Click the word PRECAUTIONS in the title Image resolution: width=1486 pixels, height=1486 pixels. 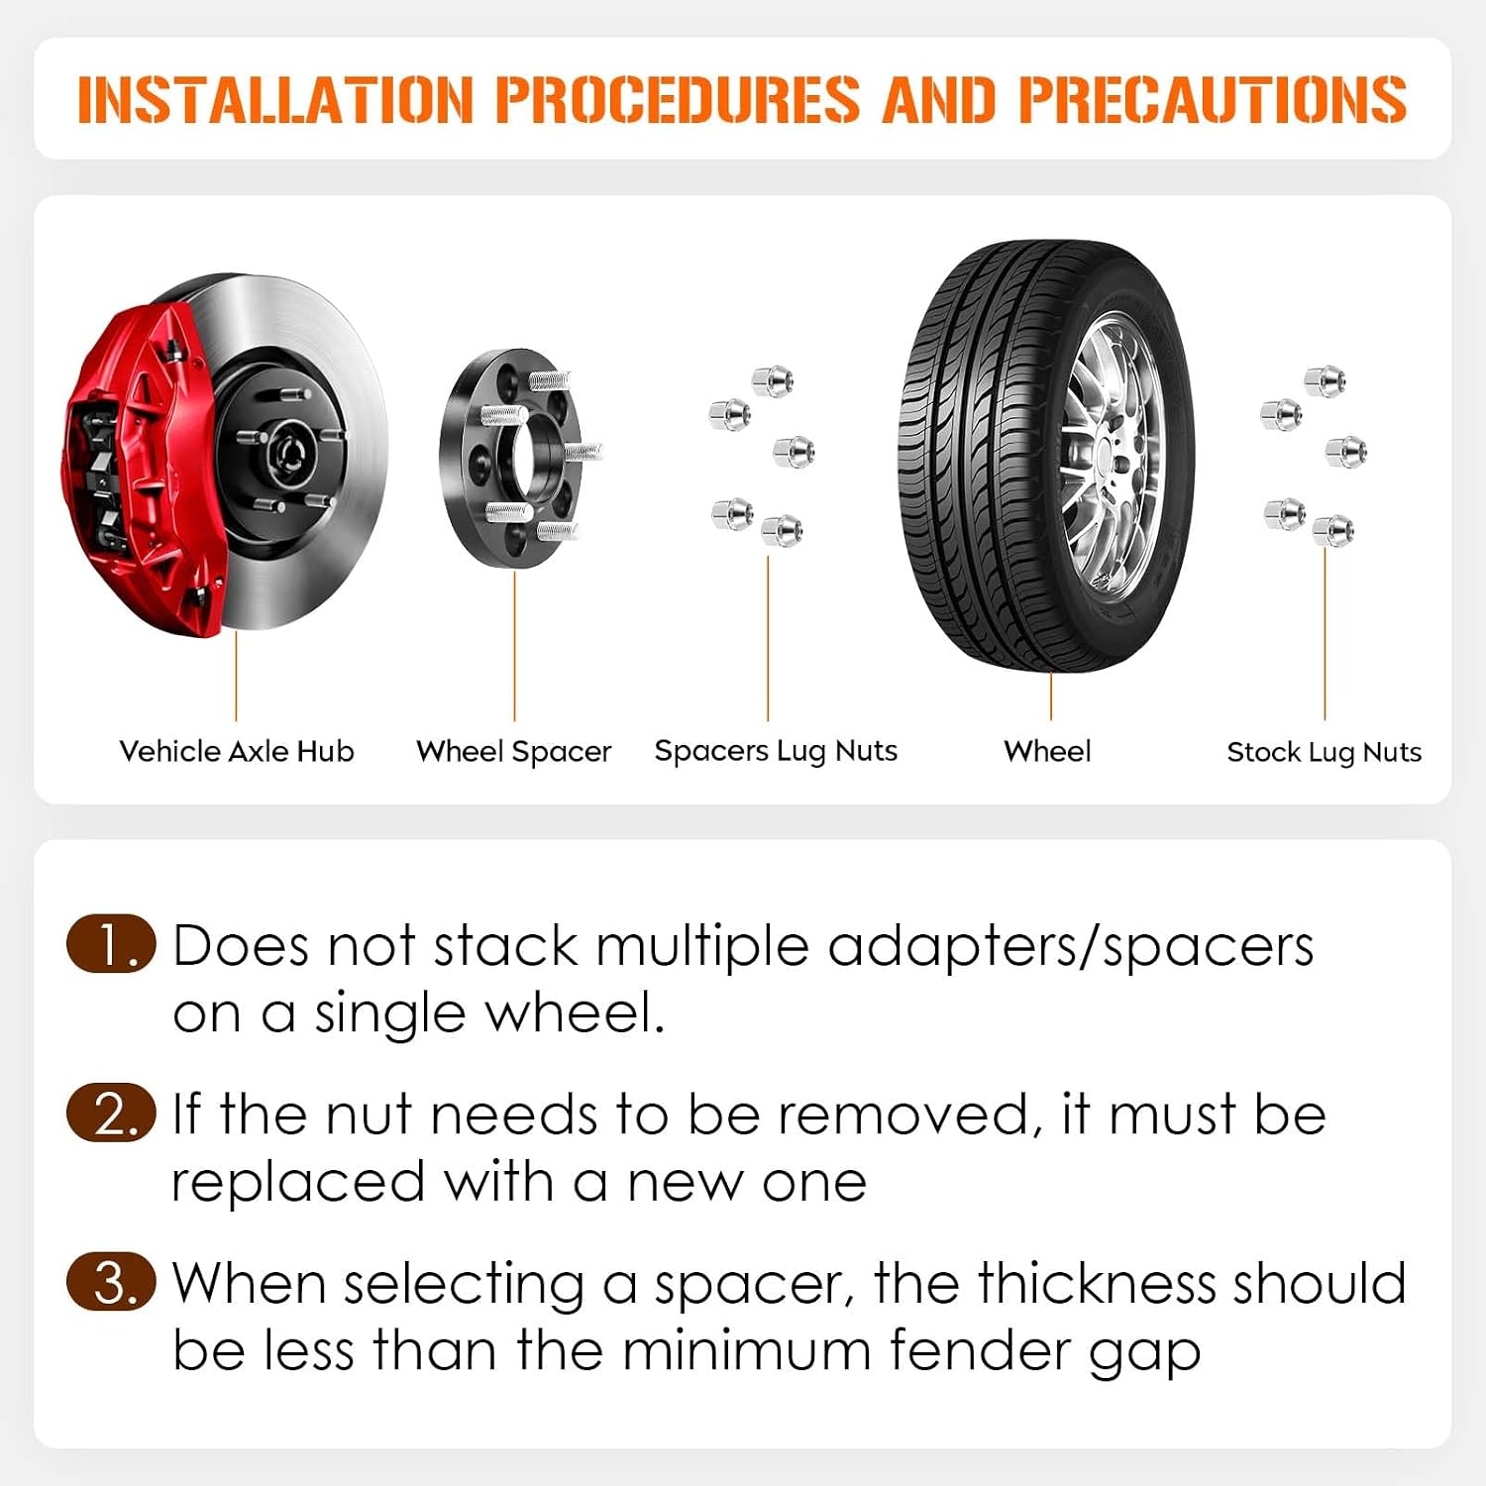1212,99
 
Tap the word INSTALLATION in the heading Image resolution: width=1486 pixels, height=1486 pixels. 276,99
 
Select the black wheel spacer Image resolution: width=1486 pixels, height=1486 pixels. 521,457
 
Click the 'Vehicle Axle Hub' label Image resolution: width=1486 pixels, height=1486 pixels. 236,751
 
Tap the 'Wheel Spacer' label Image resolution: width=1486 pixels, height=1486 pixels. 514,752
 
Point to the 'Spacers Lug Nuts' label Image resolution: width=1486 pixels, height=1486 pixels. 776,752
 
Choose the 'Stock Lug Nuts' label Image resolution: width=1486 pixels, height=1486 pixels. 1324,753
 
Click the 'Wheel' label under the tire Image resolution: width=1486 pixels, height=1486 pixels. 1047,751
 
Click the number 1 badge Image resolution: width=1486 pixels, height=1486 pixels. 111,943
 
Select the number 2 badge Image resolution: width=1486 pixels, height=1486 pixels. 111,1113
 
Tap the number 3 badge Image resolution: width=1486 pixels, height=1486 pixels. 111,1282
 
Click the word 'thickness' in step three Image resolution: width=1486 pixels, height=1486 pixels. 1097,1283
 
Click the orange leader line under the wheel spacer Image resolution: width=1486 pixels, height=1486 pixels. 514,646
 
